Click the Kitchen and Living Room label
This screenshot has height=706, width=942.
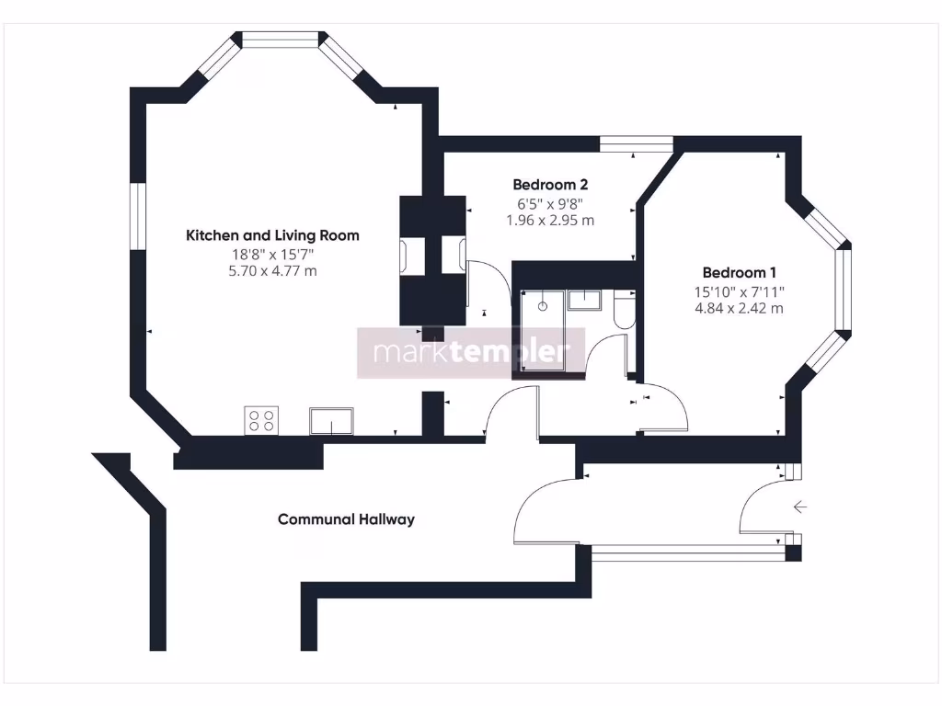coord(272,235)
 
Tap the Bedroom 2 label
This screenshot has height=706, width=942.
coord(550,184)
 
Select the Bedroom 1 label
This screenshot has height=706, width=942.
coord(739,272)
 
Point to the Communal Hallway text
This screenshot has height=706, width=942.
coord(346,519)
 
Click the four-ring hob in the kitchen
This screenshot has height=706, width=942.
coord(261,420)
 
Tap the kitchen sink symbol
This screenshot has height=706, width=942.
coord(331,421)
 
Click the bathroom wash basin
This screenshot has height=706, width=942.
coord(584,300)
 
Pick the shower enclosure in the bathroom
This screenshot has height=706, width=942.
coord(543,331)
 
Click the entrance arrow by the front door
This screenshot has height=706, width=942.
coord(799,507)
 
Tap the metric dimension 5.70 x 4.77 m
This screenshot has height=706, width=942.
coord(272,271)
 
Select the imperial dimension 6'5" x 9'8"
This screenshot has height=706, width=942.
coord(550,203)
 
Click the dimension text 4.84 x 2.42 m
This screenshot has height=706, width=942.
coord(739,309)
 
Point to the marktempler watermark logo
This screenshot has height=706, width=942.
coord(471,352)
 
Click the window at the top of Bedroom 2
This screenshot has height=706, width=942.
coord(637,144)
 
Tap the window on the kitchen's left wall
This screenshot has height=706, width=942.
coord(138,215)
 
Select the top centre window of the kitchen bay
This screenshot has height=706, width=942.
coord(280,39)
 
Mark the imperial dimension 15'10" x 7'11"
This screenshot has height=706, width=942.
coord(739,291)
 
